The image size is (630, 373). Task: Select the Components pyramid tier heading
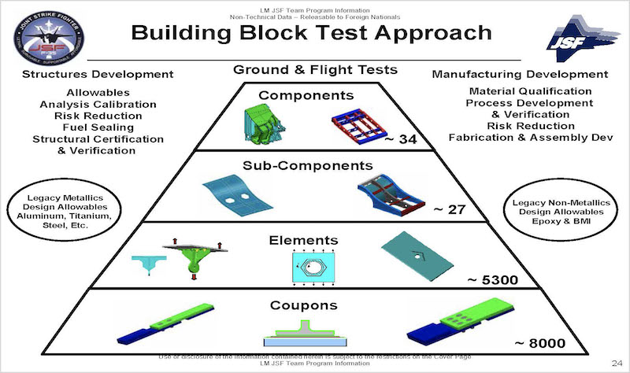(x=314, y=95)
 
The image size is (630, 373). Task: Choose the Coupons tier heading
(x=315, y=305)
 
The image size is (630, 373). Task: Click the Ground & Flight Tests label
(x=315, y=70)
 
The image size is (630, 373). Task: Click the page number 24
(x=617, y=361)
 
